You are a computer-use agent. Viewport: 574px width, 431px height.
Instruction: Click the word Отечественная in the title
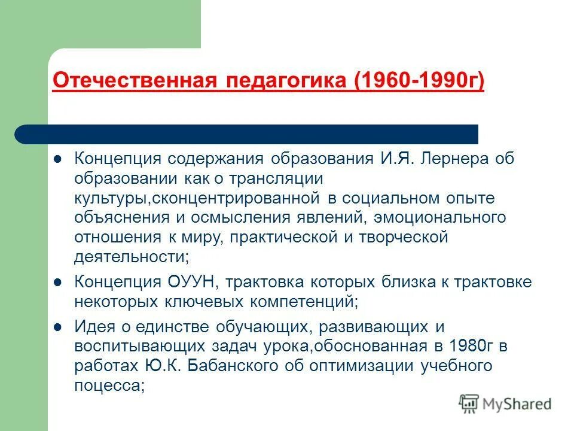137,80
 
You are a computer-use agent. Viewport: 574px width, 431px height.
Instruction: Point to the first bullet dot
58,160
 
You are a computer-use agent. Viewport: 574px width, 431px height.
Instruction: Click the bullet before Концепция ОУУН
58,282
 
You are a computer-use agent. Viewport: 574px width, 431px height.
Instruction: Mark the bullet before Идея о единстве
58,327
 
